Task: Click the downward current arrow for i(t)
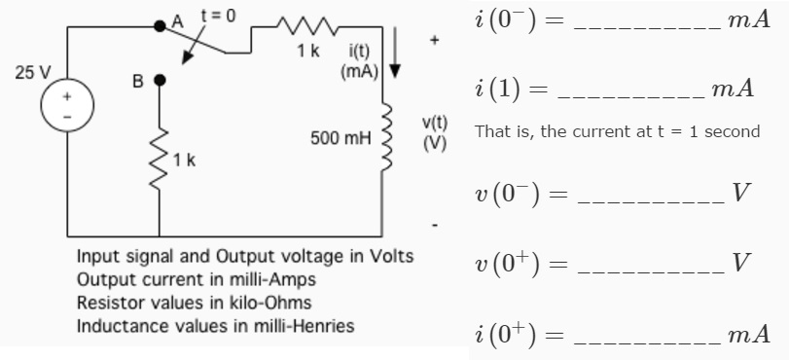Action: pyautogui.click(x=396, y=64)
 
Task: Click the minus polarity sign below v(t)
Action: pyautogui.click(x=435, y=226)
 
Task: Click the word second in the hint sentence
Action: pyautogui.click(x=733, y=131)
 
